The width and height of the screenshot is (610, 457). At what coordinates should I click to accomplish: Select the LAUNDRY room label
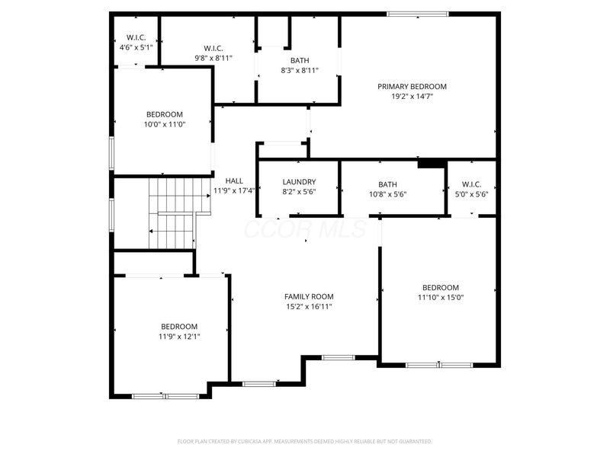tap(299, 182)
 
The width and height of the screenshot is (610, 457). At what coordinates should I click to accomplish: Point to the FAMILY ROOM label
tap(309, 296)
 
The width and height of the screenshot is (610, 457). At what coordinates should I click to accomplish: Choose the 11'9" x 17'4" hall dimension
tap(234, 190)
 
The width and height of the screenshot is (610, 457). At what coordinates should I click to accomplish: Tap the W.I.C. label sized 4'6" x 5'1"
tap(136, 37)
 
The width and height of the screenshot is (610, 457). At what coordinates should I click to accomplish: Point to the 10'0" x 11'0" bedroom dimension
tap(165, 124)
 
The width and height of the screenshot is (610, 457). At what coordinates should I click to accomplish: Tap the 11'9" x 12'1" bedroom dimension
tap(179, 336)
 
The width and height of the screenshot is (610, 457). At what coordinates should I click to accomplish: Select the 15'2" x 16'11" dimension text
tap(309, 306)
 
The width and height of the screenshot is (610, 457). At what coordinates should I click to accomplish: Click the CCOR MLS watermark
tap(305, 228)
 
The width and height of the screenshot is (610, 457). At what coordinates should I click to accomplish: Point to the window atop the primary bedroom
tap(417, 14)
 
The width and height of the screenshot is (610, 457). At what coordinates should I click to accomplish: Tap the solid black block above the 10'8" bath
tap(431, 163)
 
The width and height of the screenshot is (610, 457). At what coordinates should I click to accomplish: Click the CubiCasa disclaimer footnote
tap(305, 441)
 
